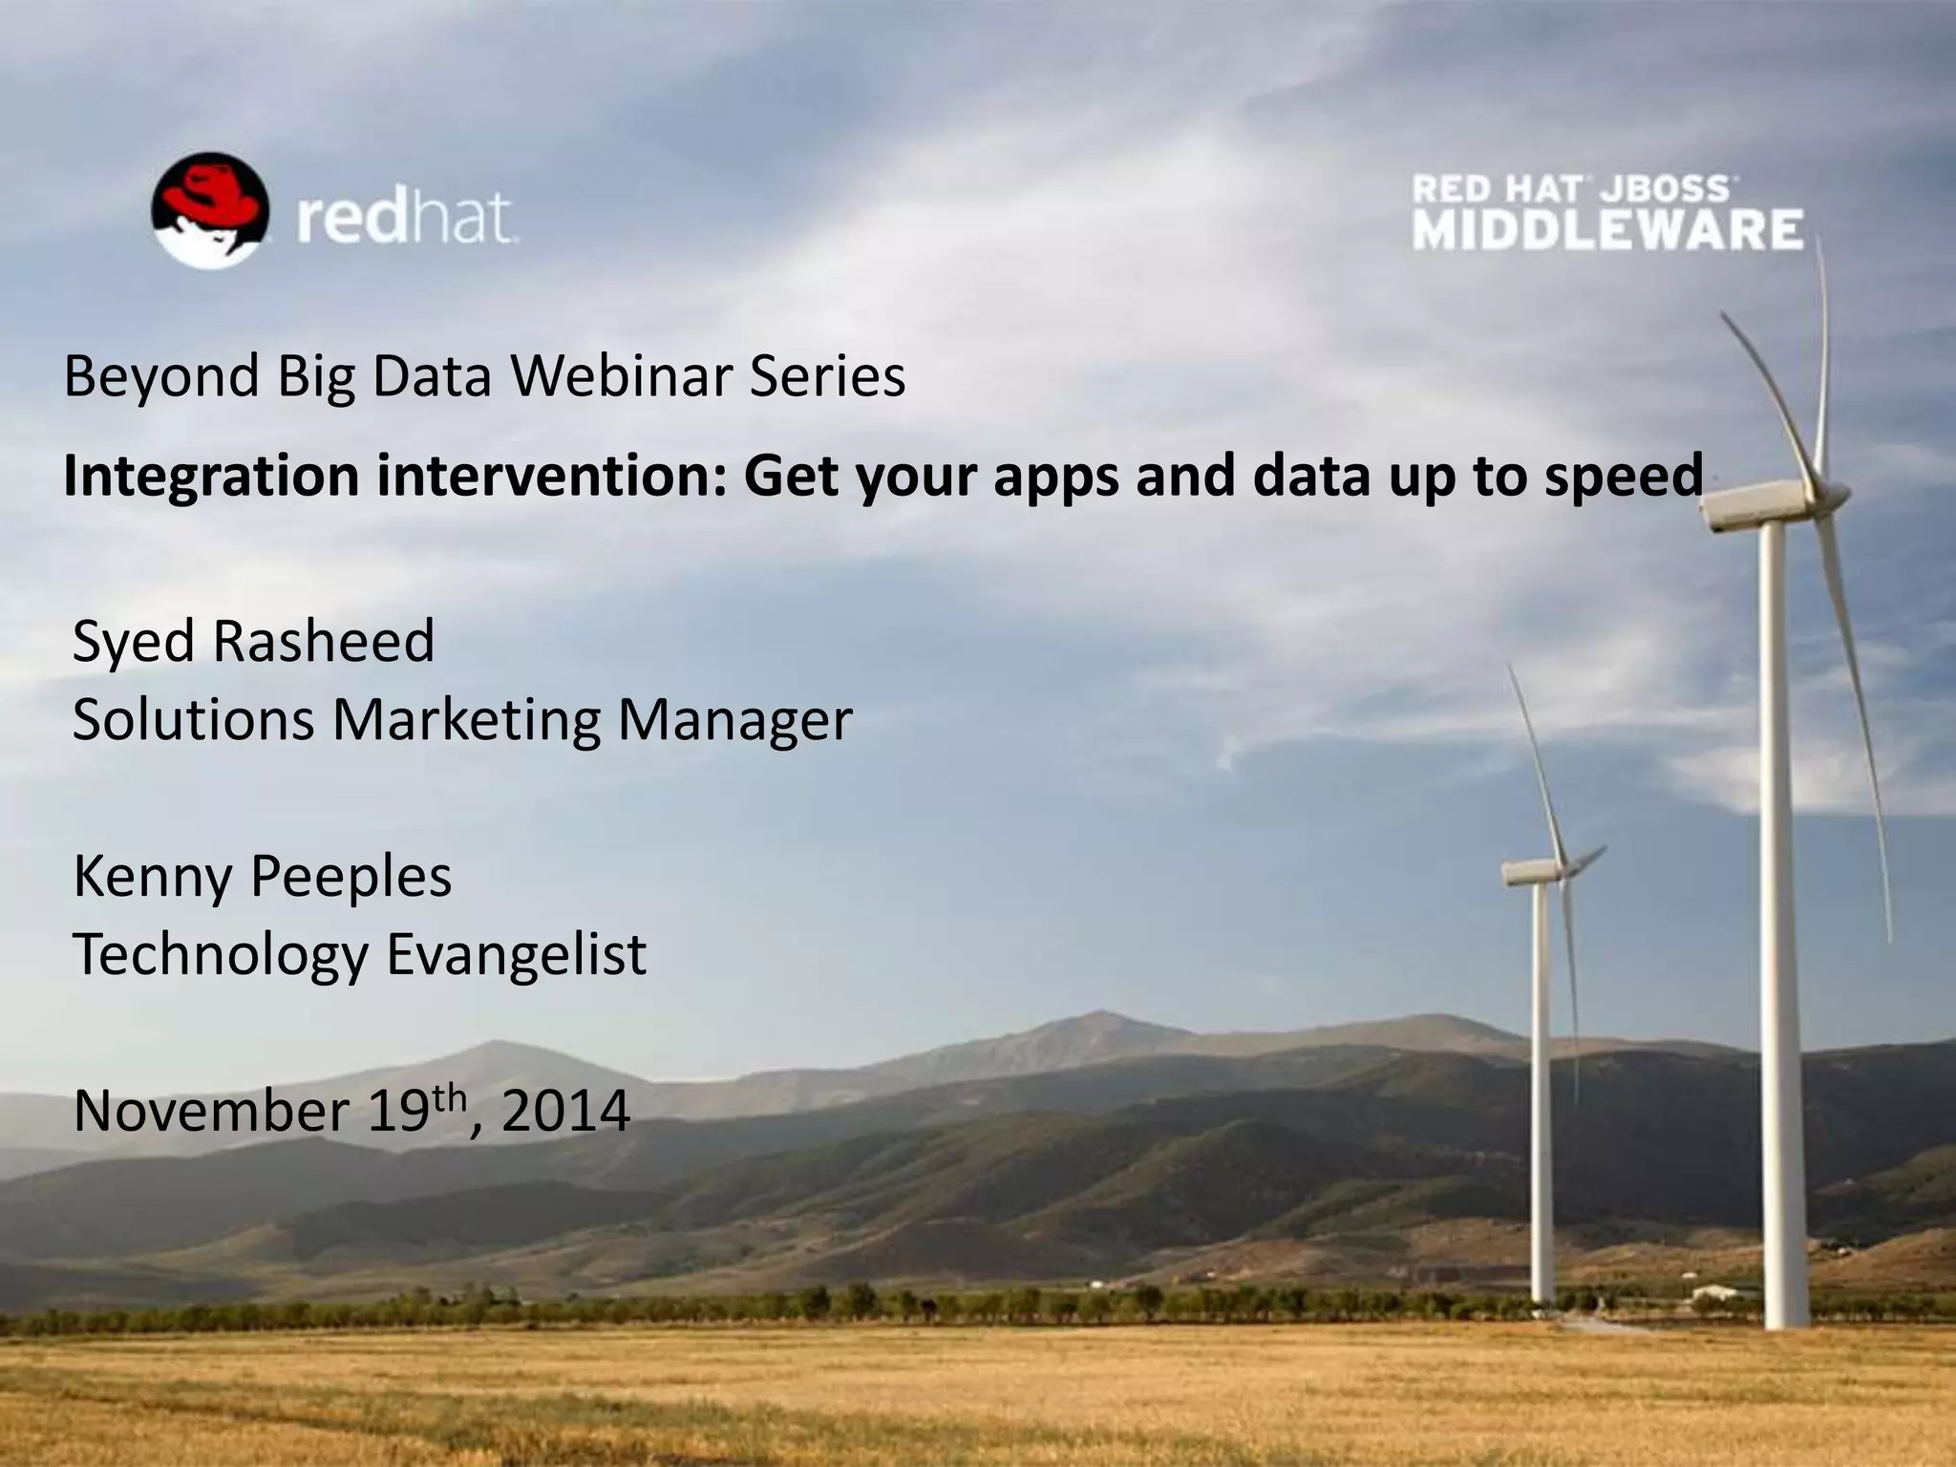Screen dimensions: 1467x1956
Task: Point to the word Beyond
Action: [161, 378]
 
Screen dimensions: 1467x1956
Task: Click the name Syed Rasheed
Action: [253, 641]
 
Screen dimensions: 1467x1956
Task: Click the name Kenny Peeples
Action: [262, 877]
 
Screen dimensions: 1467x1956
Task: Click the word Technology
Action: [221, 954]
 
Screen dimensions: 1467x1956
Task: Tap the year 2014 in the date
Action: [565, 1111]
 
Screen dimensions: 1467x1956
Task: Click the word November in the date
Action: [211, 1111]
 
